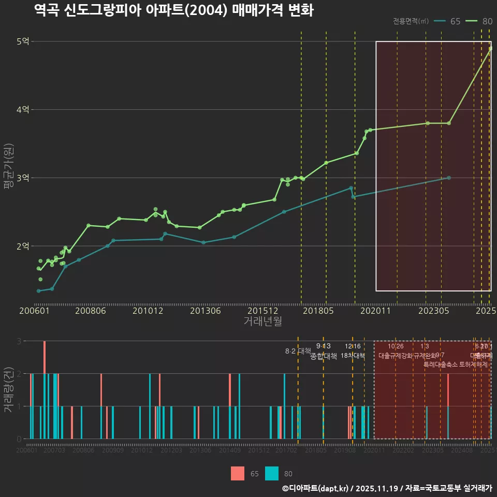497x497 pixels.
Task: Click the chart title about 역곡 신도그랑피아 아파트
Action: click(173, 10)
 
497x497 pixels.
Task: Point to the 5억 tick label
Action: click(23, 41)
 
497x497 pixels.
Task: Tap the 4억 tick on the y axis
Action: click(23, 110)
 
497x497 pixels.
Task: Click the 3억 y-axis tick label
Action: click(23, 178)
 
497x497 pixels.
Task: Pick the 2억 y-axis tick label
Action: click(23, 246)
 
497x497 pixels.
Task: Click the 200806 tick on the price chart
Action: click(91, 311)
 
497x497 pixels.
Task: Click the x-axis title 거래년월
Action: click(262, 321)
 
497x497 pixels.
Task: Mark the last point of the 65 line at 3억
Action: click(449, 178)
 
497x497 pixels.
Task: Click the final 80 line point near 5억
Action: click(490, 49)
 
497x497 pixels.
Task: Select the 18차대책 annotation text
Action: click(353, 356)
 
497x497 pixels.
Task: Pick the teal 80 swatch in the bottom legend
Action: click(272, 473)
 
